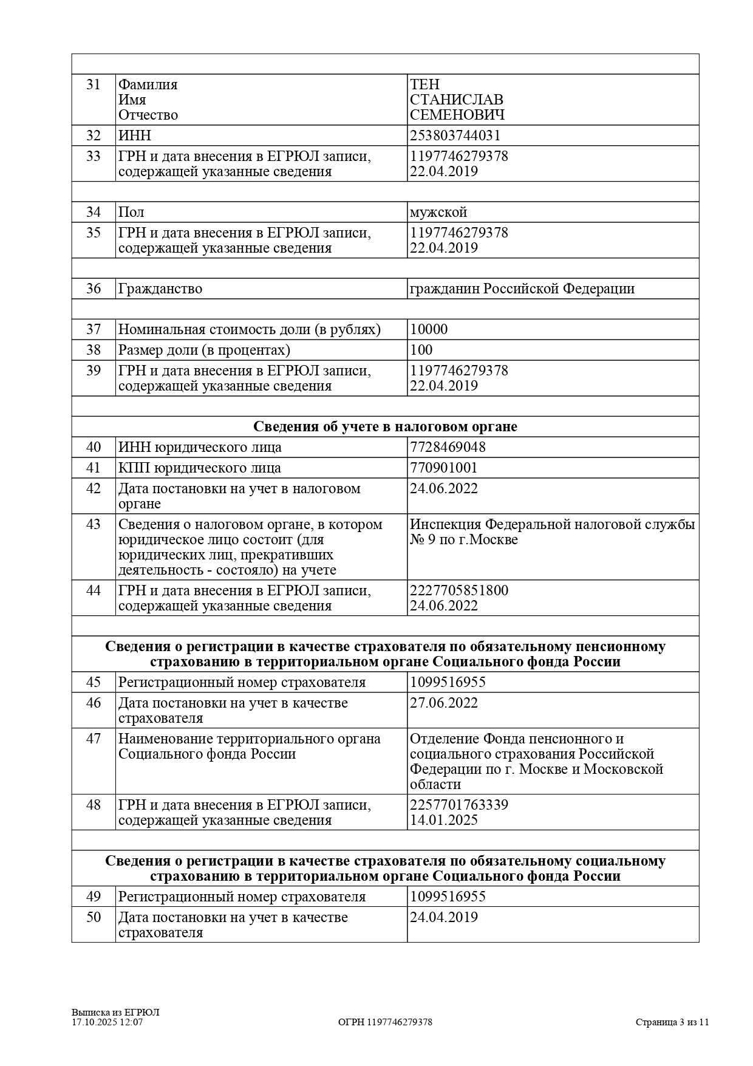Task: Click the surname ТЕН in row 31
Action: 424,84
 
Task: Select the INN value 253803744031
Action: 455,135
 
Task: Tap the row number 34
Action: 94,212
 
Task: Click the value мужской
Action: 438,212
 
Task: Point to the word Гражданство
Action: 160,289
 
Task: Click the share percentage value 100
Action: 421,350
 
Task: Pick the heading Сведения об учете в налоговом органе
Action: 385,426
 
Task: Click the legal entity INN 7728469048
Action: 448,447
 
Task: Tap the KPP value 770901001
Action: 444,468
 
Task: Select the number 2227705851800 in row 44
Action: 459,590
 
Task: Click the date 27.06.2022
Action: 444,703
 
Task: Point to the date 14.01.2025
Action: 444,820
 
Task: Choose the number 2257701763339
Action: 459,805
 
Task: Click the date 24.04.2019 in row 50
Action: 444,917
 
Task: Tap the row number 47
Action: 94,739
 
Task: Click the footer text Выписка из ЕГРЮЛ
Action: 115,1013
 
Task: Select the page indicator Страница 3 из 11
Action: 672,1022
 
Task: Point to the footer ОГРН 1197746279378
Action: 385,1022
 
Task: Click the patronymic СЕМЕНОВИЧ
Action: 457,115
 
